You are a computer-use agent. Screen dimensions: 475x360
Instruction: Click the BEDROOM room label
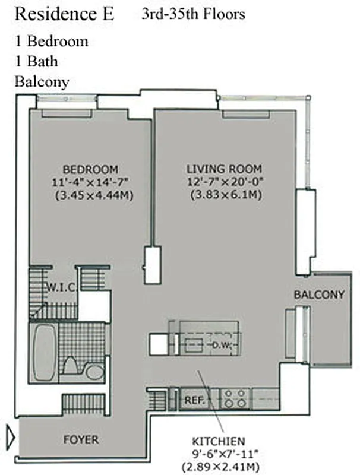pos(90,169)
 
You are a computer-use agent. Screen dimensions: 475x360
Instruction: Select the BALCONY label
pos(319,294)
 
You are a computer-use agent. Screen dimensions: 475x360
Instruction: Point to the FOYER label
pos(81,440)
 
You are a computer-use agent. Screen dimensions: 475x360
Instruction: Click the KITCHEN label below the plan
pos(218,441)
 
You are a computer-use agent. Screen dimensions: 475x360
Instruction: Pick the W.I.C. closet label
pos(61,288)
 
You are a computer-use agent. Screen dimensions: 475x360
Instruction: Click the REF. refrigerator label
pos(194,400)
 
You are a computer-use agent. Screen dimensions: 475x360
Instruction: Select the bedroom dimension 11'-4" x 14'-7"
pos(90,181)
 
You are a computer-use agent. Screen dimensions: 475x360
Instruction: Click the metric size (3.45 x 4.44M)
pos(90,194)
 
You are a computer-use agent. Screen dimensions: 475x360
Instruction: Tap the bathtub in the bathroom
pos(43,352)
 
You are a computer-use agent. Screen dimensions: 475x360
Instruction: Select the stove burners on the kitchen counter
pos(235,398)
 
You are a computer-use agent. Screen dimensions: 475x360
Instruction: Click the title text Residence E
pos(64,14)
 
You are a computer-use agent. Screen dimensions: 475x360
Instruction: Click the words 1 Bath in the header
pos(37,61)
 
